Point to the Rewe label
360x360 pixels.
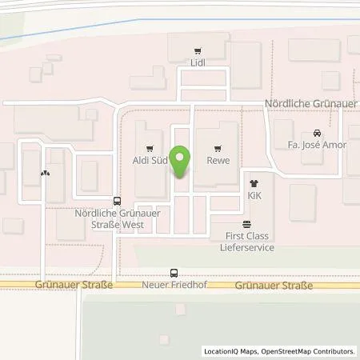tap(218, 160)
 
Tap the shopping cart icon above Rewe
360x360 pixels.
tap(218, 148)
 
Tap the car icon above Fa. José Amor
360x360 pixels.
tap(318, 133)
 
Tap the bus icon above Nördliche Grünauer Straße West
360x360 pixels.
tap(118, 202)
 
